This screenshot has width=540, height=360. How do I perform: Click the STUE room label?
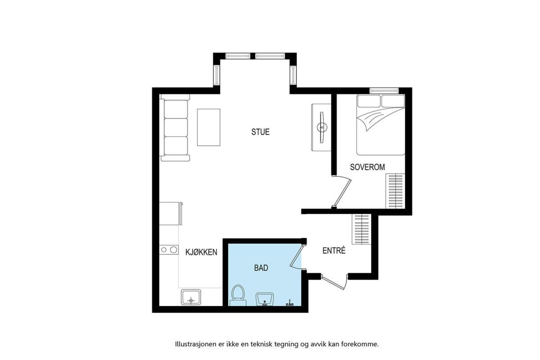(261, 132)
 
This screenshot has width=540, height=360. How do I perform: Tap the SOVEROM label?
(367, 167)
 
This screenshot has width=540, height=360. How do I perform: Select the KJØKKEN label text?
(201, 252)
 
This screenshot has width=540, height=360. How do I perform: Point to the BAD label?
(261, 268)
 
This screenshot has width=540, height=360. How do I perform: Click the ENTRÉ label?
(334, 251)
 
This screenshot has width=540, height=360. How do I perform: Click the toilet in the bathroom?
(238, 295)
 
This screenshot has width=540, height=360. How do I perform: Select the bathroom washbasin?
(265, 299)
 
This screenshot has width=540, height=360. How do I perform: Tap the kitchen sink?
(191, 297)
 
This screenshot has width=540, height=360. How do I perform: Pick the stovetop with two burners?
(169, 250)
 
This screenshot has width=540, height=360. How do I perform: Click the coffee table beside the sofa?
(208, 127)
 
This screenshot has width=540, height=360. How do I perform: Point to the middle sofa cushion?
(176, 127)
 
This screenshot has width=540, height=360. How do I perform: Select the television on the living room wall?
(322, 127)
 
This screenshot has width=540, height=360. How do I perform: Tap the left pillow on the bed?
(369, 101)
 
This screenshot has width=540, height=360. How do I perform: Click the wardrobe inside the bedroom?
(396, 191)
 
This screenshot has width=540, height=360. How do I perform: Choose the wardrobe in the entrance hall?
(362, 229)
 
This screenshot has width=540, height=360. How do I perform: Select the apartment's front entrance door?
(334, 284)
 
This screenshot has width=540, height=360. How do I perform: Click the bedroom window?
(384, 90)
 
